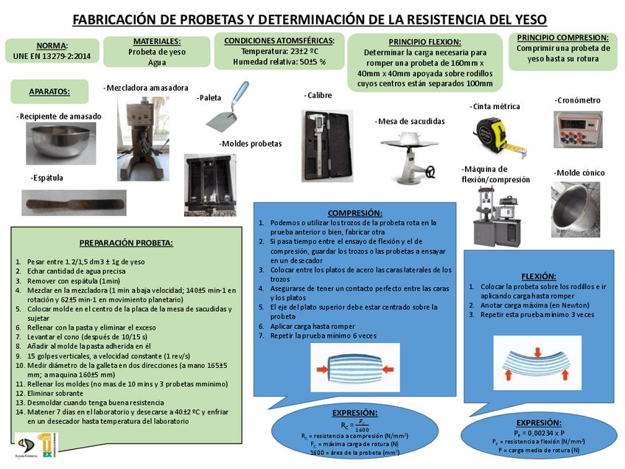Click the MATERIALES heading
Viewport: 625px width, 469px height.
click(x=156, y=41)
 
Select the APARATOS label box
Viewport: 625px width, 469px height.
click(x=49, y=91)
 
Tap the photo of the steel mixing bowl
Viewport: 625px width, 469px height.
click(x=60, y=144)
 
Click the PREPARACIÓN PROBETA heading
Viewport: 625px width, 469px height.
click(x=125, y=243)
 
